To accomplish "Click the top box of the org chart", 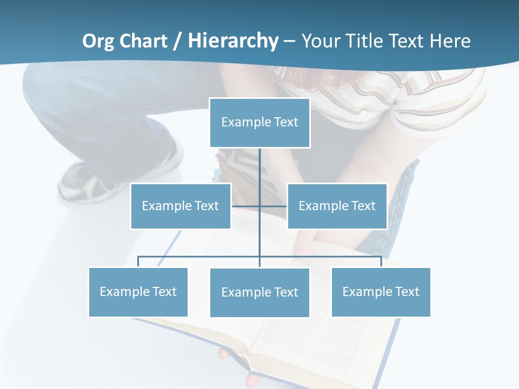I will click(259, 123).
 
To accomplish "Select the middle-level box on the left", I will click(181, 206).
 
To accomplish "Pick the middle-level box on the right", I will click(337, 206).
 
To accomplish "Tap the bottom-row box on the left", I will click(138, 292).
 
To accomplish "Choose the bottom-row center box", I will click(259, 292).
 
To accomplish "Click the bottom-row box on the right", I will click(381, 292).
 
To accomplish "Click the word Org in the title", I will click(99, 41).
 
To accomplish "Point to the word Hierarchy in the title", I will click(233, 41).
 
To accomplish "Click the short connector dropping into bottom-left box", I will click(138, 261).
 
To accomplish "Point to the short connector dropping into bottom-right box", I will click(381, 261).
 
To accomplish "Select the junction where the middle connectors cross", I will click(260, 206).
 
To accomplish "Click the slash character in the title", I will click(178, 41).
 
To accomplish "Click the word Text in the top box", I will click(286, 122).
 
